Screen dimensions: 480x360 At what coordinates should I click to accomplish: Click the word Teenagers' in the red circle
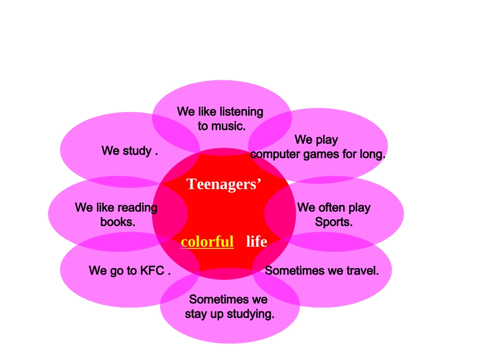(224, 184)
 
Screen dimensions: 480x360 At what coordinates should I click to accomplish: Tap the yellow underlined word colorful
(207, 241)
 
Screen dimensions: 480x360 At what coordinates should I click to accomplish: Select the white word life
(257, 241)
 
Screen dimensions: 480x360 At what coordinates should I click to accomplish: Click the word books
(118, 222)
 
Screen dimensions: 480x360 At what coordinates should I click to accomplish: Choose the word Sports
(333, 222)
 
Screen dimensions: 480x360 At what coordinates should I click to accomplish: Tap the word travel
(363, 271)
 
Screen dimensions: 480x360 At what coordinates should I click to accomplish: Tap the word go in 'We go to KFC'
(117, 271)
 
